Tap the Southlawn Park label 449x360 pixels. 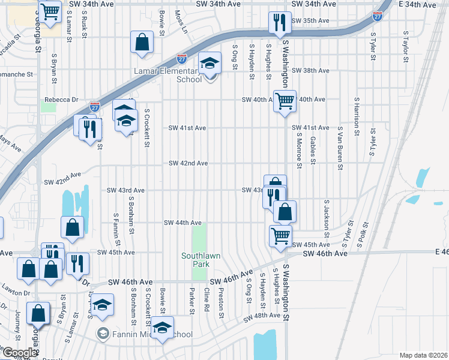click(x=200, y=260)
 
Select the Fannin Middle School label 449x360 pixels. click(x=146, y=334)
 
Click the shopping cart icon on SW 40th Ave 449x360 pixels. click(x=285, y=101)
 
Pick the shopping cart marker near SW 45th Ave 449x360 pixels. click(x=280, y=236)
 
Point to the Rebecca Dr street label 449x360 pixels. click(x=62, y=100)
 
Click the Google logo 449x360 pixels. click(x=19, y=353)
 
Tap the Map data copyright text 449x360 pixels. click(x=423, y=355)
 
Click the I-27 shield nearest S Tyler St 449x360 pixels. click(x=377, y=16)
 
